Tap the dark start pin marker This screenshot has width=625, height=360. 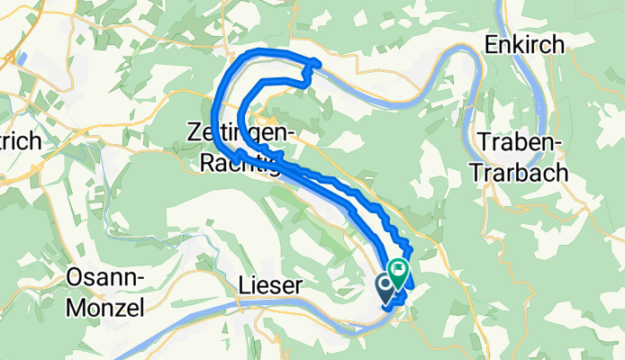pyautogui.click(x=385, y=286)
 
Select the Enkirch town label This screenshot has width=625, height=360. pyautogui.click(x=524, y=43)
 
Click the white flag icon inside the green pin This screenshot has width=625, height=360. pyautogui.click(x=399, y=267)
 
